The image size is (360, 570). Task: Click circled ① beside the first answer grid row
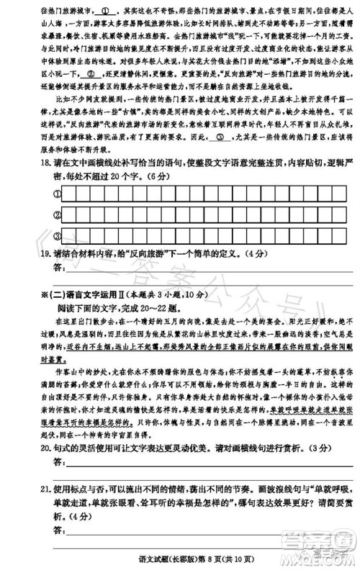tap(55, 194)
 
